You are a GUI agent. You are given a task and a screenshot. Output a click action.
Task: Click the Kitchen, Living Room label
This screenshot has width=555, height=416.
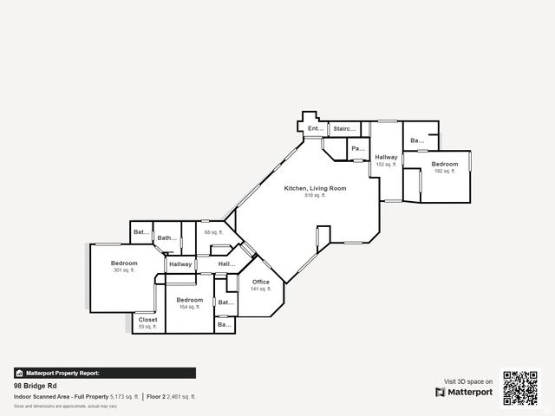[315, 188]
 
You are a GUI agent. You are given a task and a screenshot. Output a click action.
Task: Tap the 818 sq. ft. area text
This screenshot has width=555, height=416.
[315, 195]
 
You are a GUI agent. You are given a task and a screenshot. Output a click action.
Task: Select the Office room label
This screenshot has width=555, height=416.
[261, 282]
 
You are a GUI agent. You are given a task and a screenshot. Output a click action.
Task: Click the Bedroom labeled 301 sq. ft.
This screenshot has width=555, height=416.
[124, 263]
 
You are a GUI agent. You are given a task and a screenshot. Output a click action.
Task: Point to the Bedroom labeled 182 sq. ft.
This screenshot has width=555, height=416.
[445, 164]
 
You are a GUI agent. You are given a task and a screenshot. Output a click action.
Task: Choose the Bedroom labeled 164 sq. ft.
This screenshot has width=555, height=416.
[190, 300]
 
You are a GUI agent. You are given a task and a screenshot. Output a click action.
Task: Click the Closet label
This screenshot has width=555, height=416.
[148, 319]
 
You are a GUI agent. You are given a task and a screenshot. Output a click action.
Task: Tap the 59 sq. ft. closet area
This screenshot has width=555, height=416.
[148, 326]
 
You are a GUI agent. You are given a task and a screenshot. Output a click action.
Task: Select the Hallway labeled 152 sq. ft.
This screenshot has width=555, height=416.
[386, 157]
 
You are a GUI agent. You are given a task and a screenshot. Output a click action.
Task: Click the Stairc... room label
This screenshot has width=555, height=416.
[344, 129]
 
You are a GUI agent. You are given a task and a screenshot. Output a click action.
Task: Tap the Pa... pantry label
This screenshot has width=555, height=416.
[357, 149]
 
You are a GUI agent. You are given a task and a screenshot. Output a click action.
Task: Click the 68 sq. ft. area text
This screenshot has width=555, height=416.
[213, 232]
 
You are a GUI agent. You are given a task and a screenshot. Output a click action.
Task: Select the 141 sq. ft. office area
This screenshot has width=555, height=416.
[261, 289]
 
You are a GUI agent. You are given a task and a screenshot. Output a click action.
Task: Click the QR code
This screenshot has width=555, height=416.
[520, 387]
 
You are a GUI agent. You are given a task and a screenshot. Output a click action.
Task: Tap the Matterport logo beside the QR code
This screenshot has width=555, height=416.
[464, 392]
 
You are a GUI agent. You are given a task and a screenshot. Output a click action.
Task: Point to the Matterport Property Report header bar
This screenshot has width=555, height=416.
[104, 373]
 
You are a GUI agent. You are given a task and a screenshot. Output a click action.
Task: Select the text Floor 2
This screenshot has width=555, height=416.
[156, 396]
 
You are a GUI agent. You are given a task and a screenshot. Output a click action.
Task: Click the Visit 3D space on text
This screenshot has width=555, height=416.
[468, 381]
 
